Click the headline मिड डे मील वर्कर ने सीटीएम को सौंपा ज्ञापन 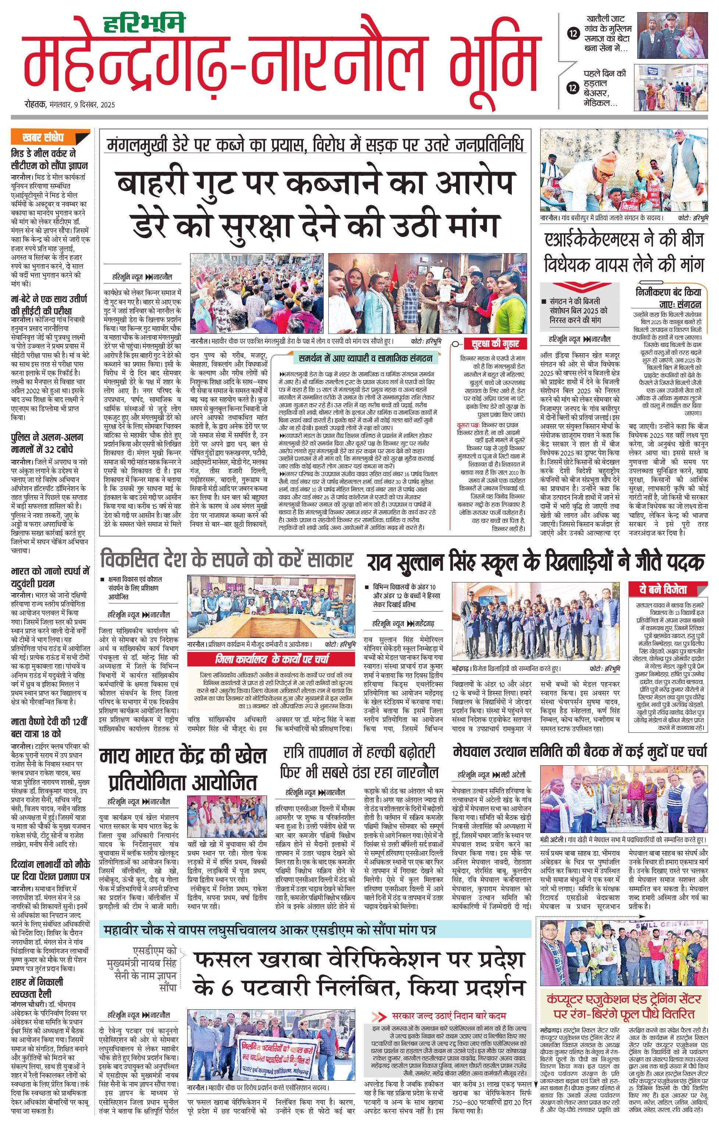pyautogui.click(x=49, y=160)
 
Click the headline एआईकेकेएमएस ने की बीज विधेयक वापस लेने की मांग pyautogui.click(x=624, y=252)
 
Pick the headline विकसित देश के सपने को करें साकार pyautogui.click(x=227, y=560)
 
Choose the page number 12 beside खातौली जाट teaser pyautogui.click(x=574, y=33)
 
